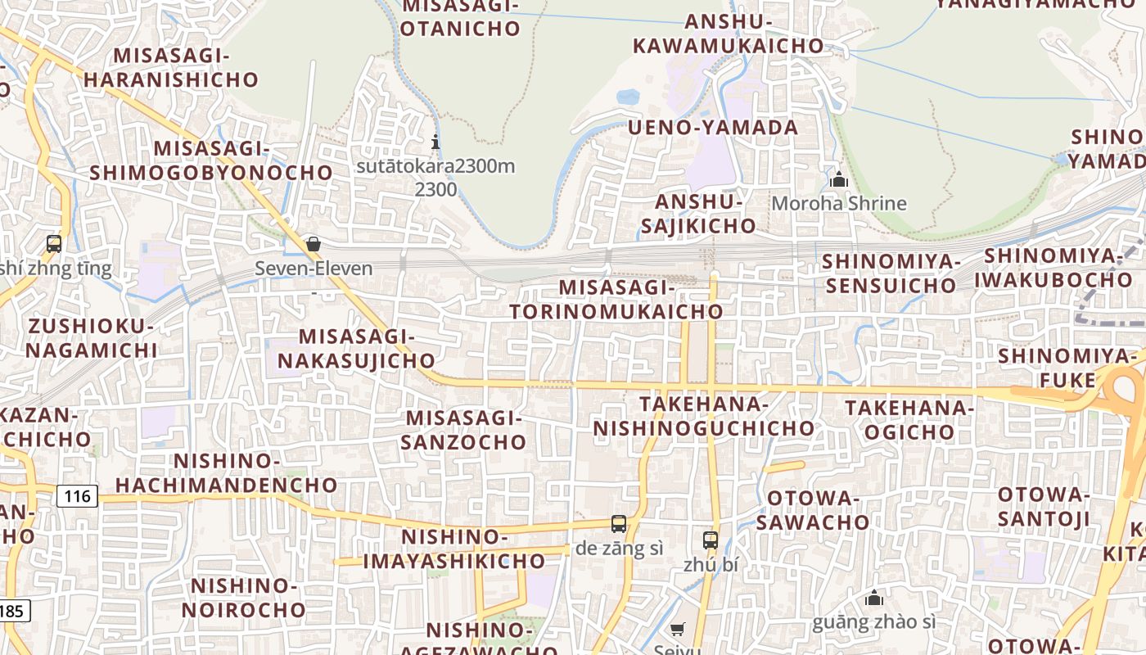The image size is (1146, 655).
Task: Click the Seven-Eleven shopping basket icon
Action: point(313,244)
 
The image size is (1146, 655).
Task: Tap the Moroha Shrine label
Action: point(839,203)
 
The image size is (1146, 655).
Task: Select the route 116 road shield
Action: point(78,495)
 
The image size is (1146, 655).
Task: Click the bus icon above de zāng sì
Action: point(619,524)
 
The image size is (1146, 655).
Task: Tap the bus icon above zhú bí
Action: point(711,540)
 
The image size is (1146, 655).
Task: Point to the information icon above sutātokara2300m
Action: point(435,142)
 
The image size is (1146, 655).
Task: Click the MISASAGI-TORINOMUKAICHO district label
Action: point(616,300)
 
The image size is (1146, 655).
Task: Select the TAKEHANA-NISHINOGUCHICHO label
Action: point(704,416)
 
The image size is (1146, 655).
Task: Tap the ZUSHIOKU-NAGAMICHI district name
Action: point(91,338)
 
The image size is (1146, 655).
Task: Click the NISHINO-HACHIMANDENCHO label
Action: point(227,472)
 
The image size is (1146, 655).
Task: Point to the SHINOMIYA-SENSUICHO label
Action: point(890,273)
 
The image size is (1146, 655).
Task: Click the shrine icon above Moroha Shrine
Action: point(838,179)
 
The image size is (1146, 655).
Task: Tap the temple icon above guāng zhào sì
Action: point(874,599)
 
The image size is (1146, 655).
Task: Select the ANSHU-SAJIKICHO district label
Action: point(698,214)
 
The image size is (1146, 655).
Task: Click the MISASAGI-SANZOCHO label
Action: point(466,430)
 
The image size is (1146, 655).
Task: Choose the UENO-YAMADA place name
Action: point(713,128)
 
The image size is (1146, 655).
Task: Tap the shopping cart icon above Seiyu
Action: point(678,629)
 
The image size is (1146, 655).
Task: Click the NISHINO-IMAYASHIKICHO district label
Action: point(454,549)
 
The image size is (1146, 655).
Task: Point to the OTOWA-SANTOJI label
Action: point(1044,506)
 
